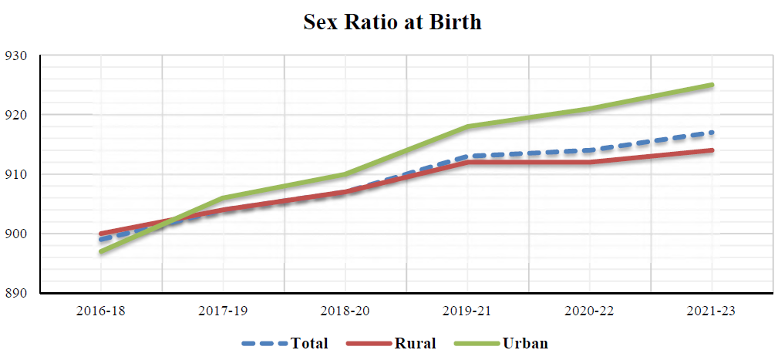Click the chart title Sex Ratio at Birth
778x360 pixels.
click(x=392, y=22)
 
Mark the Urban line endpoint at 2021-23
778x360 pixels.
click(x=711, y=85)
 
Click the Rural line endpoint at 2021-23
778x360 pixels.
click(x=711, y=150)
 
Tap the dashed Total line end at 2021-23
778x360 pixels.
click(x=711, y=133)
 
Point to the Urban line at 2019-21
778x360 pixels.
click(x=467, y=126)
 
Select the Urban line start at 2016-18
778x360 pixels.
click(x=101, y=251)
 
